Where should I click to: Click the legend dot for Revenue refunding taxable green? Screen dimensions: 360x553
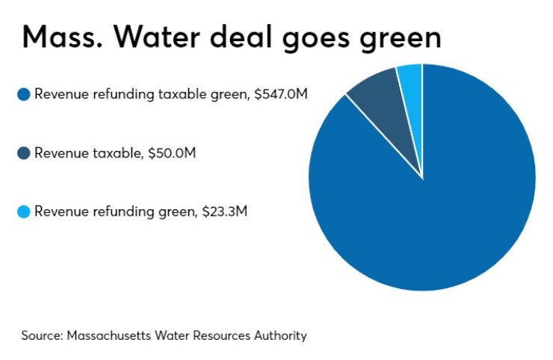point(24,95)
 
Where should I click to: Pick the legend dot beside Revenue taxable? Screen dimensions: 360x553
point(24,153)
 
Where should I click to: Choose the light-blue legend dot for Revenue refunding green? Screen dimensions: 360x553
point(24,211)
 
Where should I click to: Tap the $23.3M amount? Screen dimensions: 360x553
point(224,211)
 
